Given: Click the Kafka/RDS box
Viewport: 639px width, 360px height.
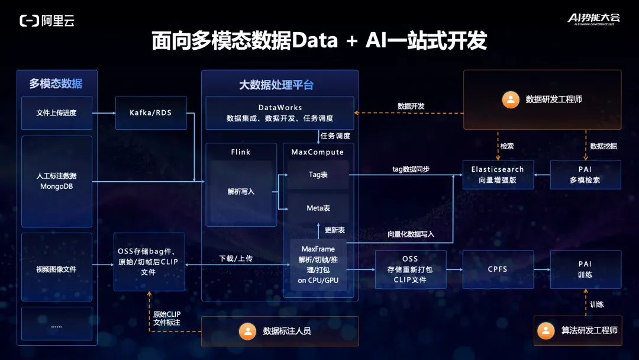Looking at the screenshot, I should click(151, 112).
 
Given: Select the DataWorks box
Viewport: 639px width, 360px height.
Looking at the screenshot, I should click(280, 112).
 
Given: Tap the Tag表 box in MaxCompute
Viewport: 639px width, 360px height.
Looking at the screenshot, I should click(318, 175).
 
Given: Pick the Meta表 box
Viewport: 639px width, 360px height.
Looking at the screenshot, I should click(318, 208).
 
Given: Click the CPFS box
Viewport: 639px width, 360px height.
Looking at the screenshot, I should click(498, 269).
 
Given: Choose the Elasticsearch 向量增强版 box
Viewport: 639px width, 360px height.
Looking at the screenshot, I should click(498, 175).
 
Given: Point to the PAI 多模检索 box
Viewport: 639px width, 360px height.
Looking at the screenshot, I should click(585, 175).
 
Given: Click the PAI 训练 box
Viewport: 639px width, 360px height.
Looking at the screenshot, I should click(585, 269).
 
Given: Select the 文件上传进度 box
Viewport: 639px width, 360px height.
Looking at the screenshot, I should click(57, 112).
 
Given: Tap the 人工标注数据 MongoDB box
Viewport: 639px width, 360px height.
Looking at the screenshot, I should click(57, 181).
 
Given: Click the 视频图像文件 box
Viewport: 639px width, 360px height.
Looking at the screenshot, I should click(57, 269).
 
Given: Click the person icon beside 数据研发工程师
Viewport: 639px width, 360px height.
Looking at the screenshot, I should click(509, 99).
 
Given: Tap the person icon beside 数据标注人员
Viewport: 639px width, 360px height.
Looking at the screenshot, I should click(247, 331).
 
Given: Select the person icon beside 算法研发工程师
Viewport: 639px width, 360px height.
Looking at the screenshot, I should click(546, 330).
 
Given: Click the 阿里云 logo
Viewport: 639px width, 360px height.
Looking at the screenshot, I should click(47, 21).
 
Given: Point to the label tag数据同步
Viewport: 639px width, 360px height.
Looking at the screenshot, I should click(411, 169).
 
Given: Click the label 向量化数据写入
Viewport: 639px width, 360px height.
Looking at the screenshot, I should click(411, 234).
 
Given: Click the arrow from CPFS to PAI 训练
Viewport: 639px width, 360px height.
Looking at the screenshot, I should click(541, 269).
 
